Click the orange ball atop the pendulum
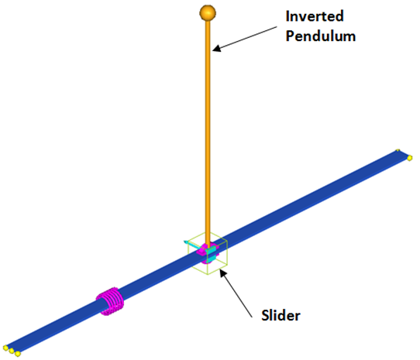pos(208,12)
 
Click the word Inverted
pos(315,16)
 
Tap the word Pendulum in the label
pos(321,36)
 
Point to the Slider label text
pos(281,315)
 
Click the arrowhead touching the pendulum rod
pos(216,48)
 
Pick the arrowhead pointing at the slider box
pos(223,273)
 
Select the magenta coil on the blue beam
pos(110,301)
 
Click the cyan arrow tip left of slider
pos(185,242)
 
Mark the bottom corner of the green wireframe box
pos(208,274)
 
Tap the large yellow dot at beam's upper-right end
pos(410,158)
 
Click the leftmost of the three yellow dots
pos(5,348)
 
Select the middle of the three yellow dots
pos(12,351)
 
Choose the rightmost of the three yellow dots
pos(18,354)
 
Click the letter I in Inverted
pos(287,16)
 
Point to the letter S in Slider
pos(265,315)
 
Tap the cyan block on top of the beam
pos(211,251)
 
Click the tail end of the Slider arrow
pos(252,317)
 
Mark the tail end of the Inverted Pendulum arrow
pos(277,26)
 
